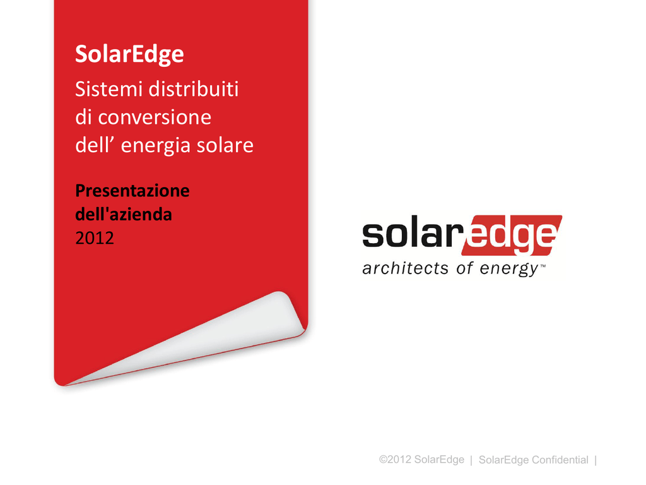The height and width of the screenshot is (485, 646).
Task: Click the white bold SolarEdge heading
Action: (x=129, y=54)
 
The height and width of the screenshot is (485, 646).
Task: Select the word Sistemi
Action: (x=109, y=88)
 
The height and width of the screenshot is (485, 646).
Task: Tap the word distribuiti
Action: (x=194, y=88)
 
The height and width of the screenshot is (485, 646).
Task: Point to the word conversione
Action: (x=155, y=117)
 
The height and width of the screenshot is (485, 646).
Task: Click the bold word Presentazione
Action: (x=132, y=191)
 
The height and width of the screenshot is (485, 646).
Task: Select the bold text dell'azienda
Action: (x=124, y=214)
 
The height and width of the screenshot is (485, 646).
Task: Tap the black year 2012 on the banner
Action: (x=95, y=238)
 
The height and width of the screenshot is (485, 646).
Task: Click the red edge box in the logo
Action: (x=512, y=235)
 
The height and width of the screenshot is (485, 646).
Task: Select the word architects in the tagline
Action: (x=406, y=268)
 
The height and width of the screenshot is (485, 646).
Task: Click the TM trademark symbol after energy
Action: (x=543, y=266)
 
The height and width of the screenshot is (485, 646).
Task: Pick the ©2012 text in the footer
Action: (x=395, y=460)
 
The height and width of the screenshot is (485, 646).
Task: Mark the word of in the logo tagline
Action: (x=464, y=268)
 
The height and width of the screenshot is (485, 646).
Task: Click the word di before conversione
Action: (x=84, y=117)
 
